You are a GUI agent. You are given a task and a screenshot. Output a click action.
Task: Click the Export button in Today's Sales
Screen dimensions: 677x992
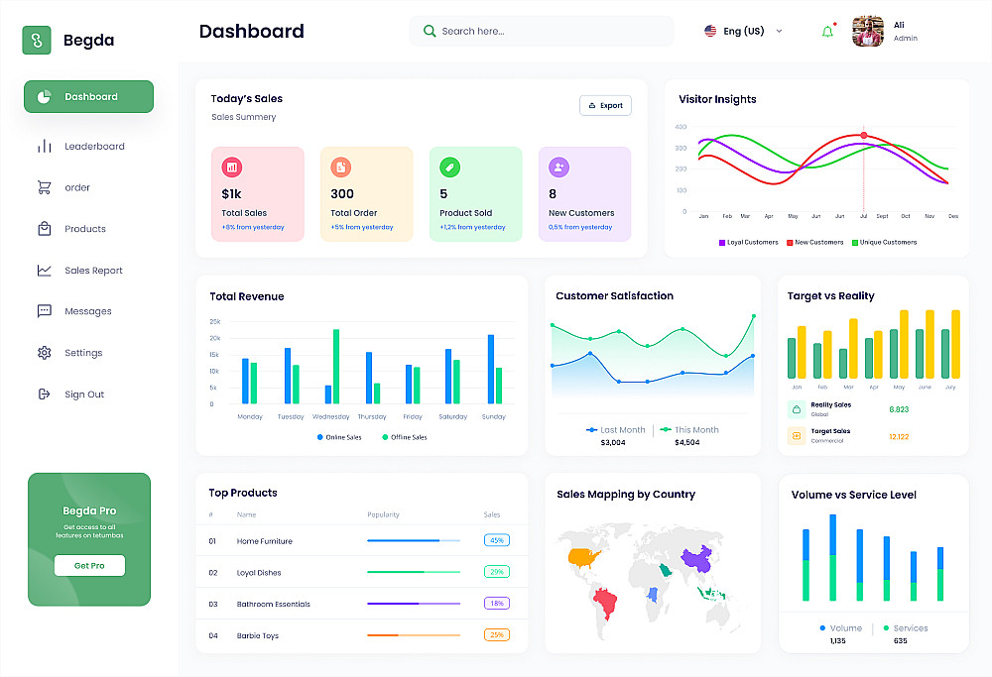pyautogui.click(x=605, y=105)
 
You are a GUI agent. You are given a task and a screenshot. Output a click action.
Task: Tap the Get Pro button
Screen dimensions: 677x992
pyautogui.click(x=89, y=565)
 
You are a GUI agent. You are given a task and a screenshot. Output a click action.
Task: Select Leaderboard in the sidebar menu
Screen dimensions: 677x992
pyautogui.click(x=94, y=147)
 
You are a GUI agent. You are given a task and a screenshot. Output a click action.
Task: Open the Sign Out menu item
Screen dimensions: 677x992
pyautogui.click(x=84, y=395)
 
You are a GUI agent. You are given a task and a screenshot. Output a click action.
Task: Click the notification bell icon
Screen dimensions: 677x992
pyautogui.click(x=827, y=32)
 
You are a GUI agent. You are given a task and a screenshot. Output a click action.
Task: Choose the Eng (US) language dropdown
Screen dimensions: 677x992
pyautogui.click(x=743, y=31)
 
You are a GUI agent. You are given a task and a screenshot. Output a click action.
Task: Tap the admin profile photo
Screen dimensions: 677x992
pyautogui.click(x=868, y=32)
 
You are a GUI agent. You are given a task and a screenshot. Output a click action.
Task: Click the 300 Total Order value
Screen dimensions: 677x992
pyautogui.click(x=342, y=193)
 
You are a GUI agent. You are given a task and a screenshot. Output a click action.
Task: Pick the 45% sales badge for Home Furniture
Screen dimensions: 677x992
pyautogui.click(x=497, y=540)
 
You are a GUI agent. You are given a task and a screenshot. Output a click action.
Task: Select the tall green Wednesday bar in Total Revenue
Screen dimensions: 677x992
pyautogui.click(x=336, y=366)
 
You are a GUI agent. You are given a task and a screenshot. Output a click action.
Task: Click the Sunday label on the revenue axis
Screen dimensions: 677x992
pyautogui.click(x=493, y=417)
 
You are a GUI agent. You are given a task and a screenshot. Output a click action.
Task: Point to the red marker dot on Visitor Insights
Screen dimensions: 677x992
pyautogui.click(x=863, y=135)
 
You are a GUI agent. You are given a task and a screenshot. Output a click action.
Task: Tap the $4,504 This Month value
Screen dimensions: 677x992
pyautogui.click(x=686, y=442)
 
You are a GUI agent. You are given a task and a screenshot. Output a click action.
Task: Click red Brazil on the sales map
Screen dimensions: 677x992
pyautogui.click(x=604, y=601)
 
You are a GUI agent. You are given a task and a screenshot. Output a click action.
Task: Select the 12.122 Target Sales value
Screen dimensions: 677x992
pyautogui.click(x=899, y=436)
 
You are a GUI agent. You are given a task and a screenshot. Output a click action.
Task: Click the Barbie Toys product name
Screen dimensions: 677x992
pyautogui.click(x=258, y=635)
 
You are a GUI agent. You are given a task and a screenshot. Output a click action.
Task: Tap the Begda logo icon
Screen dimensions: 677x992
pyautogui.click(x=37, y=41)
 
